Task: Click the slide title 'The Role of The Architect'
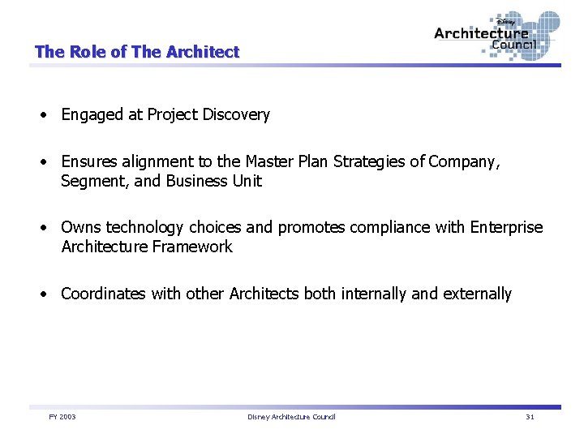tap(137, 52)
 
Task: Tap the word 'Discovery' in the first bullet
tap(236, 115)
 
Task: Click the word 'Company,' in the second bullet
tap(465, 162)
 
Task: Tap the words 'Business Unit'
tap(213, 181)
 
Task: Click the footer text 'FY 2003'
tap(62, 417)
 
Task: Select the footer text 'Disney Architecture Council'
tap(291, 417)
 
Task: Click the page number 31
tap(530, 417)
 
